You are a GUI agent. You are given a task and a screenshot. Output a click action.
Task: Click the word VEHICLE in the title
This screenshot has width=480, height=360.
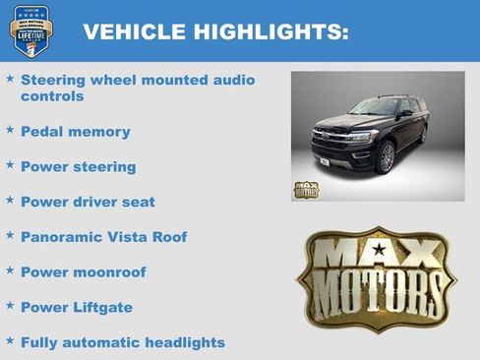click(x=127, y=32)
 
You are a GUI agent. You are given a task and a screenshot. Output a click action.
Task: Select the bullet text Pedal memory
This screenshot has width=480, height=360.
click(x=75, y=132)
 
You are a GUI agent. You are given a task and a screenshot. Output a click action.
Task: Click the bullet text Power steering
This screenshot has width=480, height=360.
click(x=78, y=167)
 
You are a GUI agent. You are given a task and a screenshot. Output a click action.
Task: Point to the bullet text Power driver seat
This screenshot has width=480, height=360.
click(x=88, y=203)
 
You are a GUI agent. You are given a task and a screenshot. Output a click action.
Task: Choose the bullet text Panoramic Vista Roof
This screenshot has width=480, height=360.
click(x=103, y=237)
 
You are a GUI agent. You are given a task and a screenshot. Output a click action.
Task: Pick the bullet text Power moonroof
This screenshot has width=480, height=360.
click(x=83, y=272)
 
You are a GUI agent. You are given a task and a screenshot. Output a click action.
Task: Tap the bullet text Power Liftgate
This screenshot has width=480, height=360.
click(x=76, y=308)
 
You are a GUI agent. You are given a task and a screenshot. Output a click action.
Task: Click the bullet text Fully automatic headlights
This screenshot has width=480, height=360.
click(x=122, y=343)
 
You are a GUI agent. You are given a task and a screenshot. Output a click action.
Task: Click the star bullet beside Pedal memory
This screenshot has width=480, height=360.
click(x=10, y=129)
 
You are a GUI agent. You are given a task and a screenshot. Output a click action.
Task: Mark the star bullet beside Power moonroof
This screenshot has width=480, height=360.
click(x=10, y=270)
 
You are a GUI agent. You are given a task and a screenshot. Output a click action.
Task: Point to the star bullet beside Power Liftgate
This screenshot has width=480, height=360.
click(x=10, y=305)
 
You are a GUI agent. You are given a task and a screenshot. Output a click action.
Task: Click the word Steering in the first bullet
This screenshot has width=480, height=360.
click(x=52, y=79)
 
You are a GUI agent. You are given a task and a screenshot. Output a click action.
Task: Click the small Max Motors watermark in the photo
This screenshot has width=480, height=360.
click(x=306, y=190)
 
